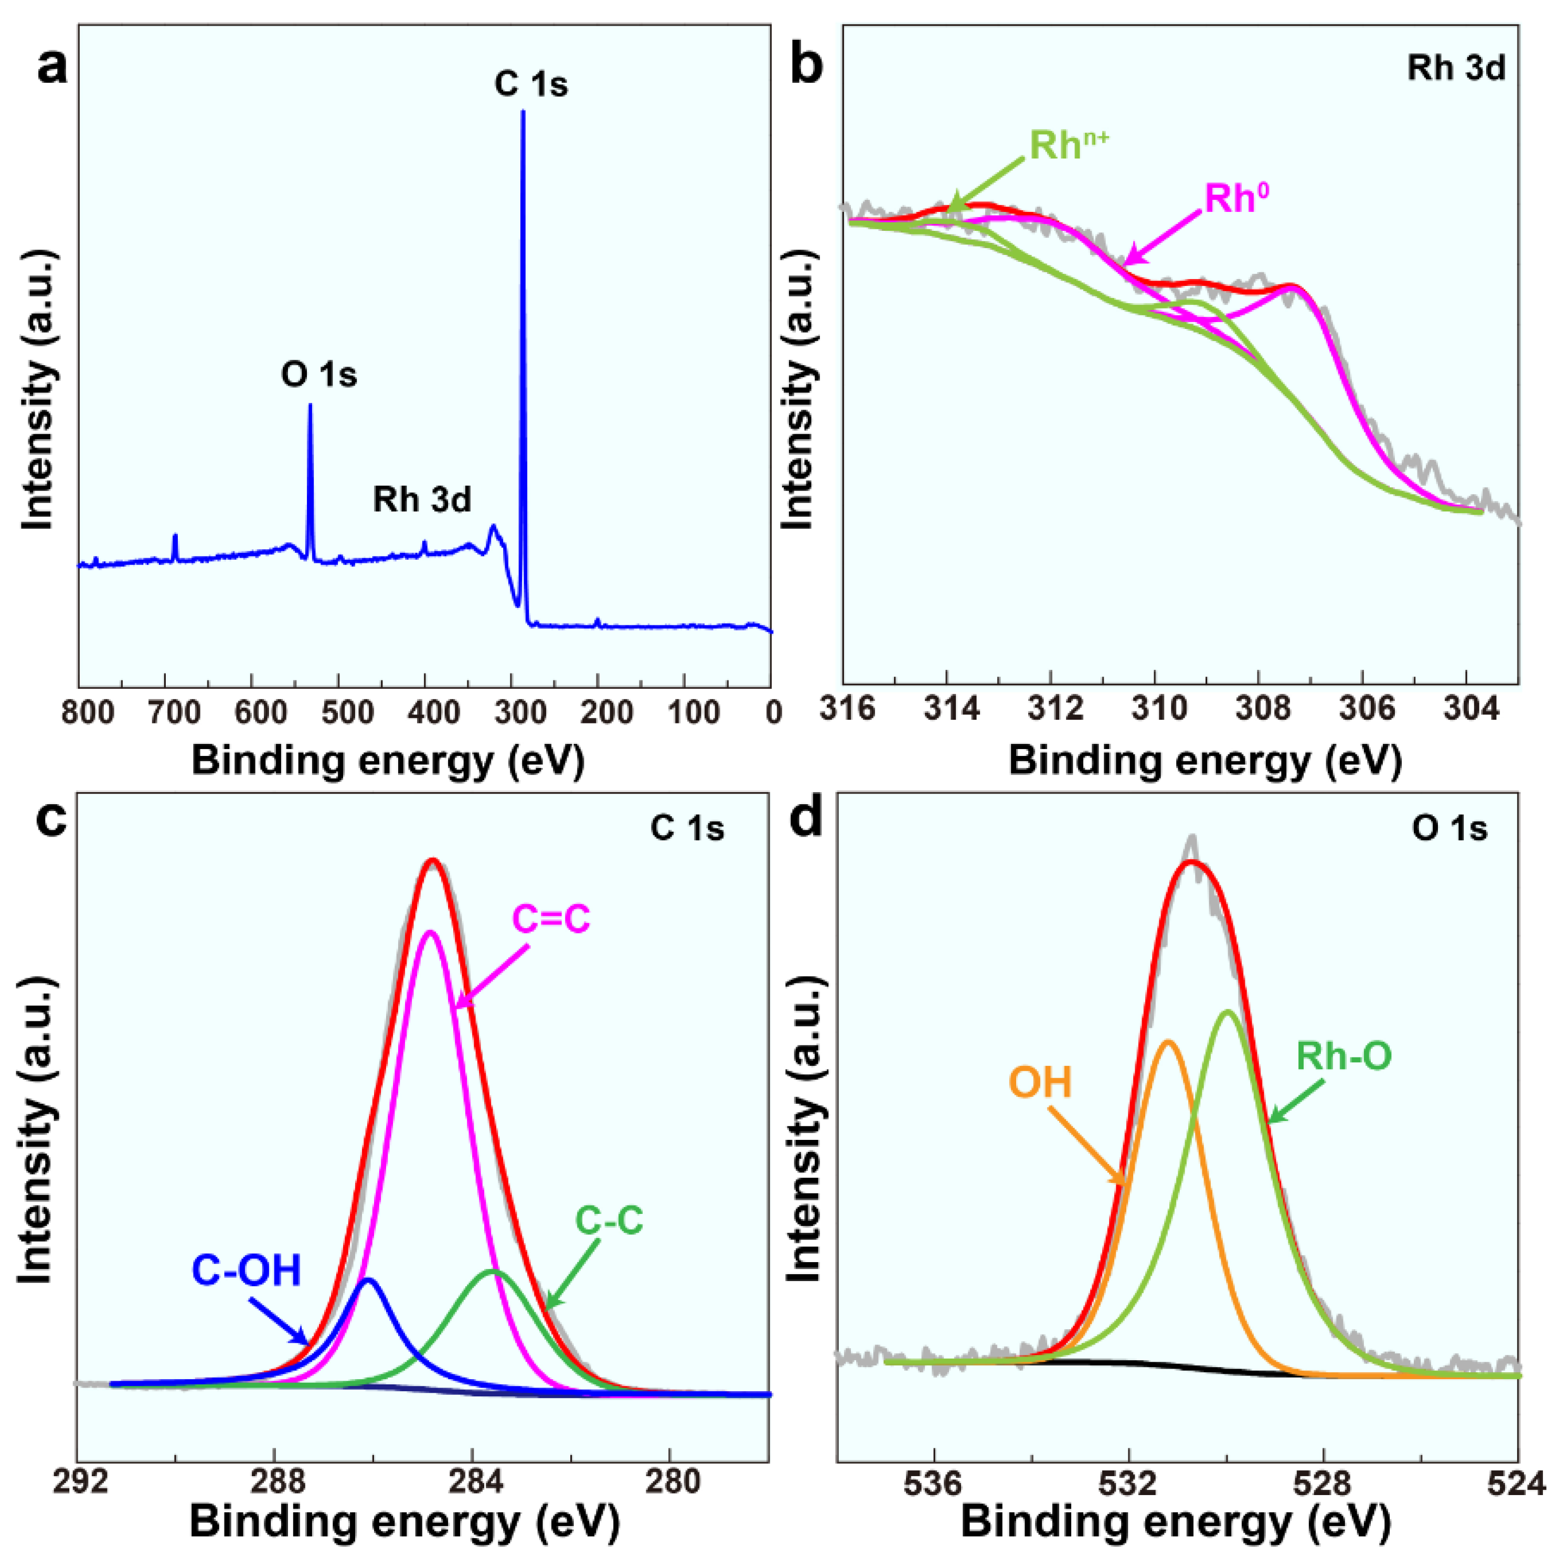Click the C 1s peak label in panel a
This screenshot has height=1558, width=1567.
coord(531,84)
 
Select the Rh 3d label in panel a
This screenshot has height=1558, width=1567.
coord(422,499)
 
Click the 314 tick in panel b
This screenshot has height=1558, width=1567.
coord(946,709)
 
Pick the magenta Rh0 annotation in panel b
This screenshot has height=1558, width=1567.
coord(1237,198)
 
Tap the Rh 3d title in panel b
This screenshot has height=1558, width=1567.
coord(1456,68)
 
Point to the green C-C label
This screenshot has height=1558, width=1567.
coord(609,1220)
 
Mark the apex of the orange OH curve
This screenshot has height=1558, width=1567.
coord(1168,1041)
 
